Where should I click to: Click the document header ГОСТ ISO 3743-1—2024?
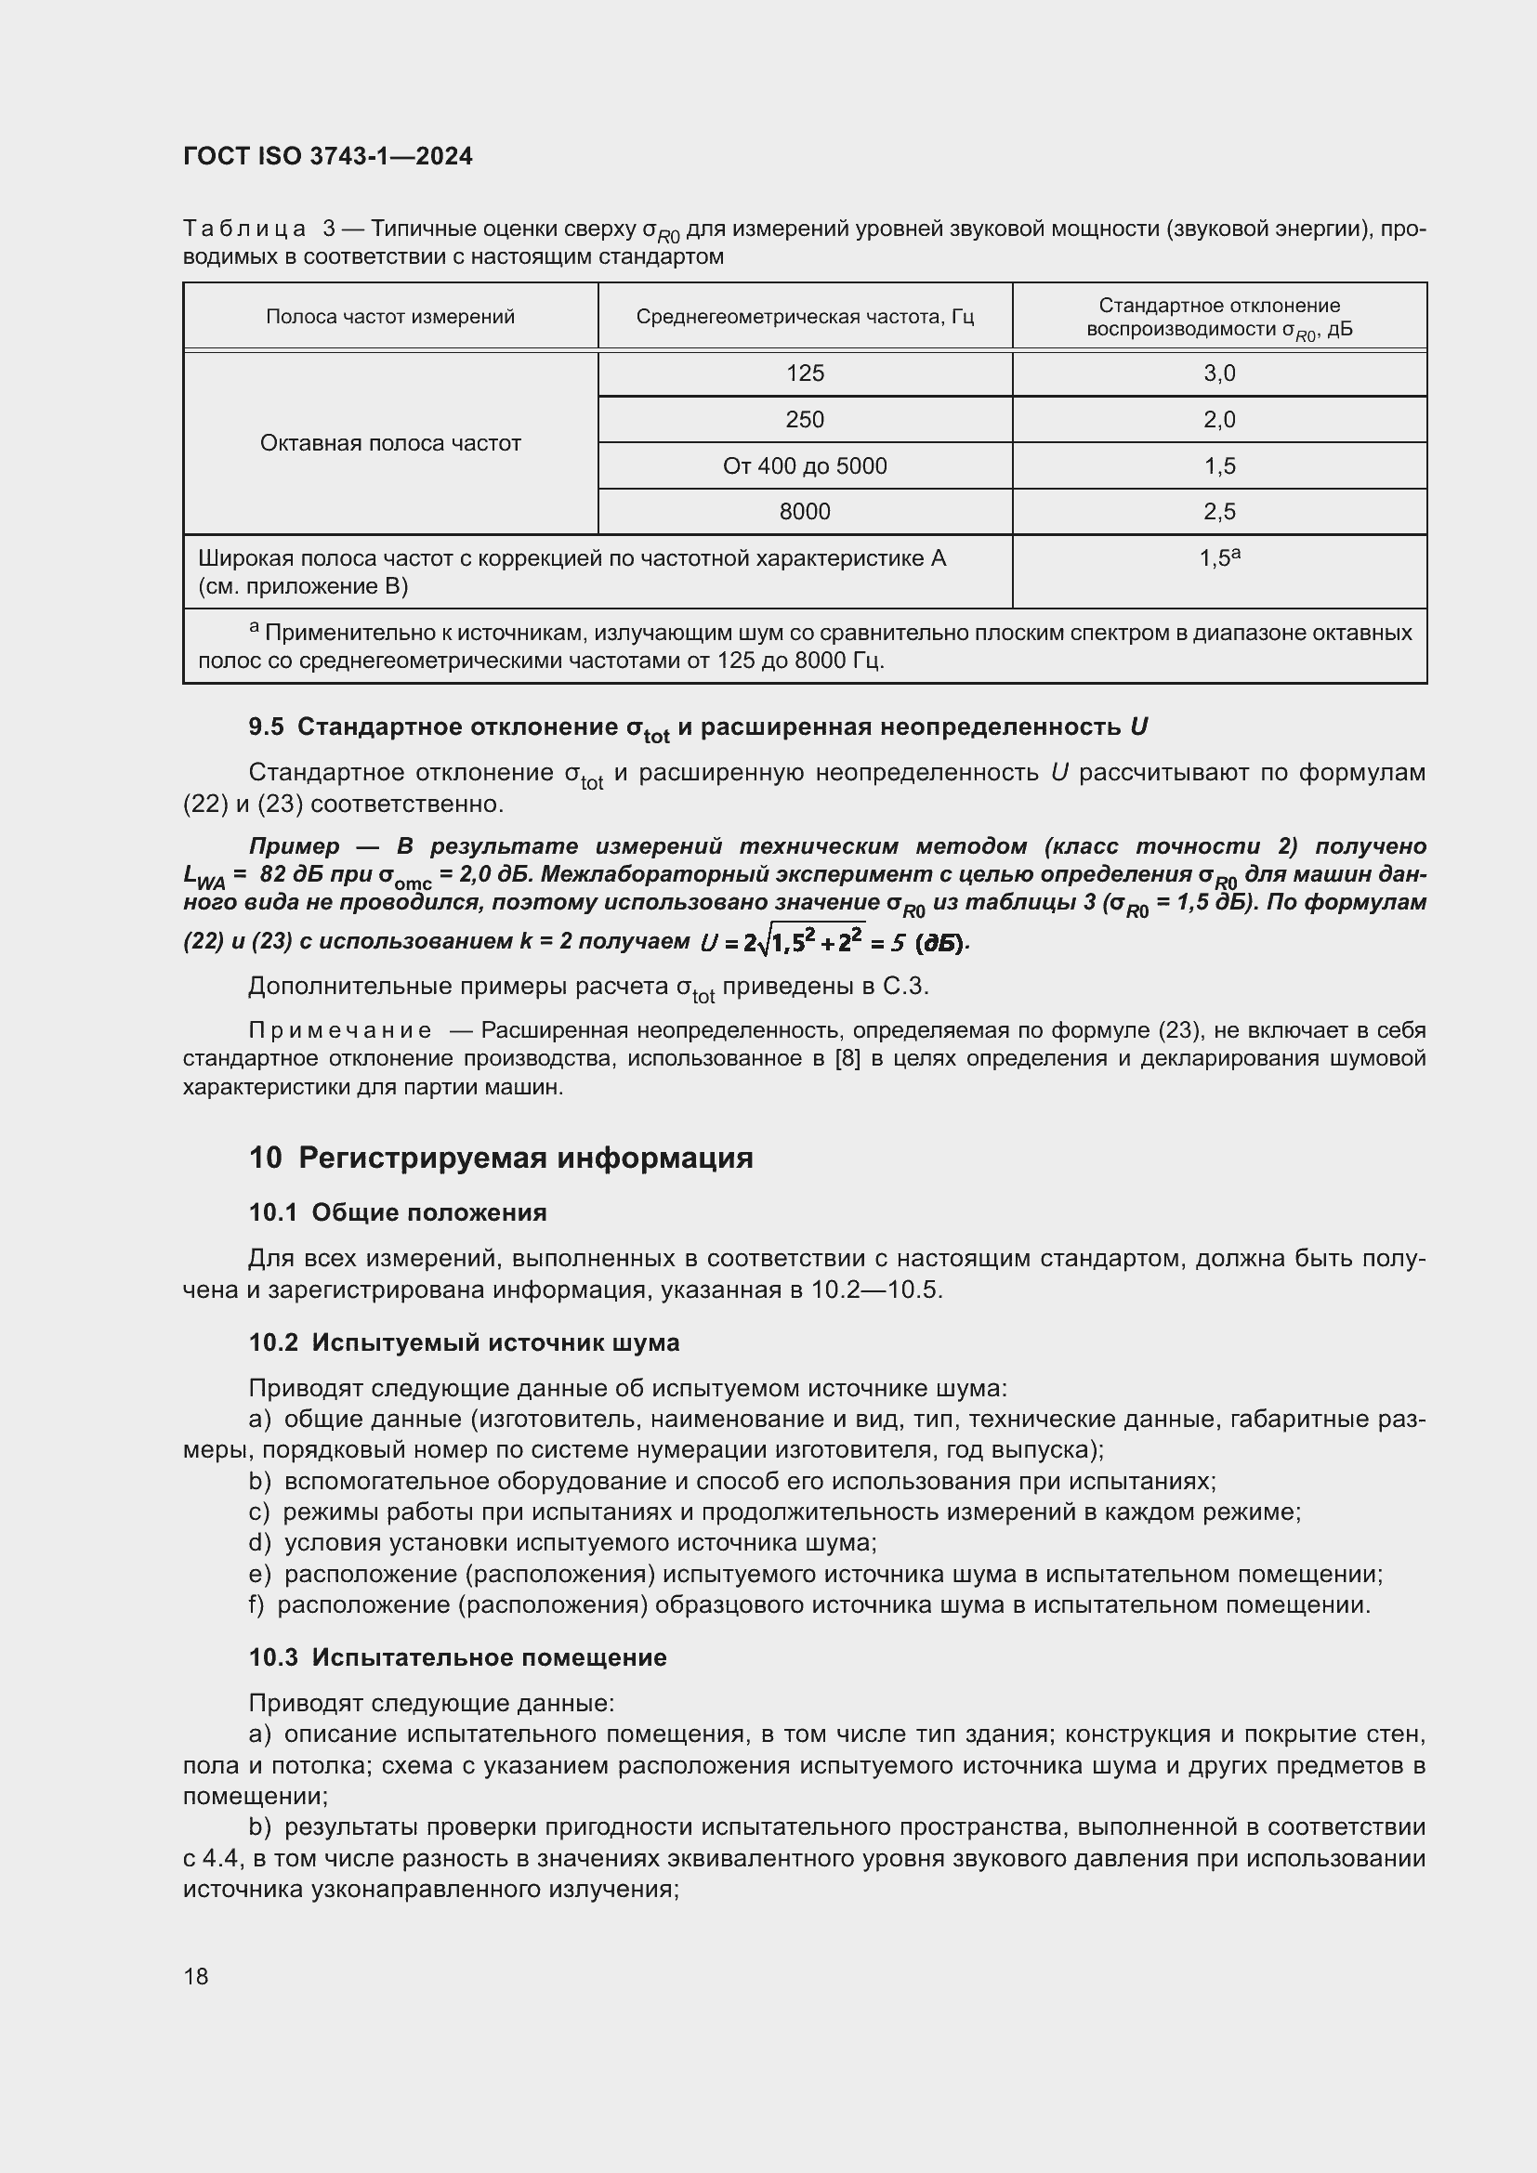click(x=327, y=156)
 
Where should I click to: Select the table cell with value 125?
click(x=805, y=373)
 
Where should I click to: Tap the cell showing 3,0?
click(x=1219, y=373)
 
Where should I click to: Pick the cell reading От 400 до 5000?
click(x=805, y=465)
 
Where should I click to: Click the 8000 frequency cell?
click(x=805, y=512)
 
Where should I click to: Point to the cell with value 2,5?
click(x=1219, y=512)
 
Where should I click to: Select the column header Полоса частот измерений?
click(x=390, y=317)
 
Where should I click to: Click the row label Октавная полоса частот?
click(x=390, y=443)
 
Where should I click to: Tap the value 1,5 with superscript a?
click(x=1219, y=558)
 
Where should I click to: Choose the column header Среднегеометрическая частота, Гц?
click(x=805, y=317)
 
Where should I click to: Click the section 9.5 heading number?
click(x=266, y=727)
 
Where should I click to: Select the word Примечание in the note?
click(x=340, y=1030)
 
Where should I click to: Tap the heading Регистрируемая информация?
click(x=525, y=1158)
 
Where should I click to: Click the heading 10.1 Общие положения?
click(x=398, y=1212)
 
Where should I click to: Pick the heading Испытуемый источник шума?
click(x=495, y=1342)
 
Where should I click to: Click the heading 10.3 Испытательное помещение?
click(x=457, y=1657)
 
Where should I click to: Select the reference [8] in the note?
click(x=847, y=1058)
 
